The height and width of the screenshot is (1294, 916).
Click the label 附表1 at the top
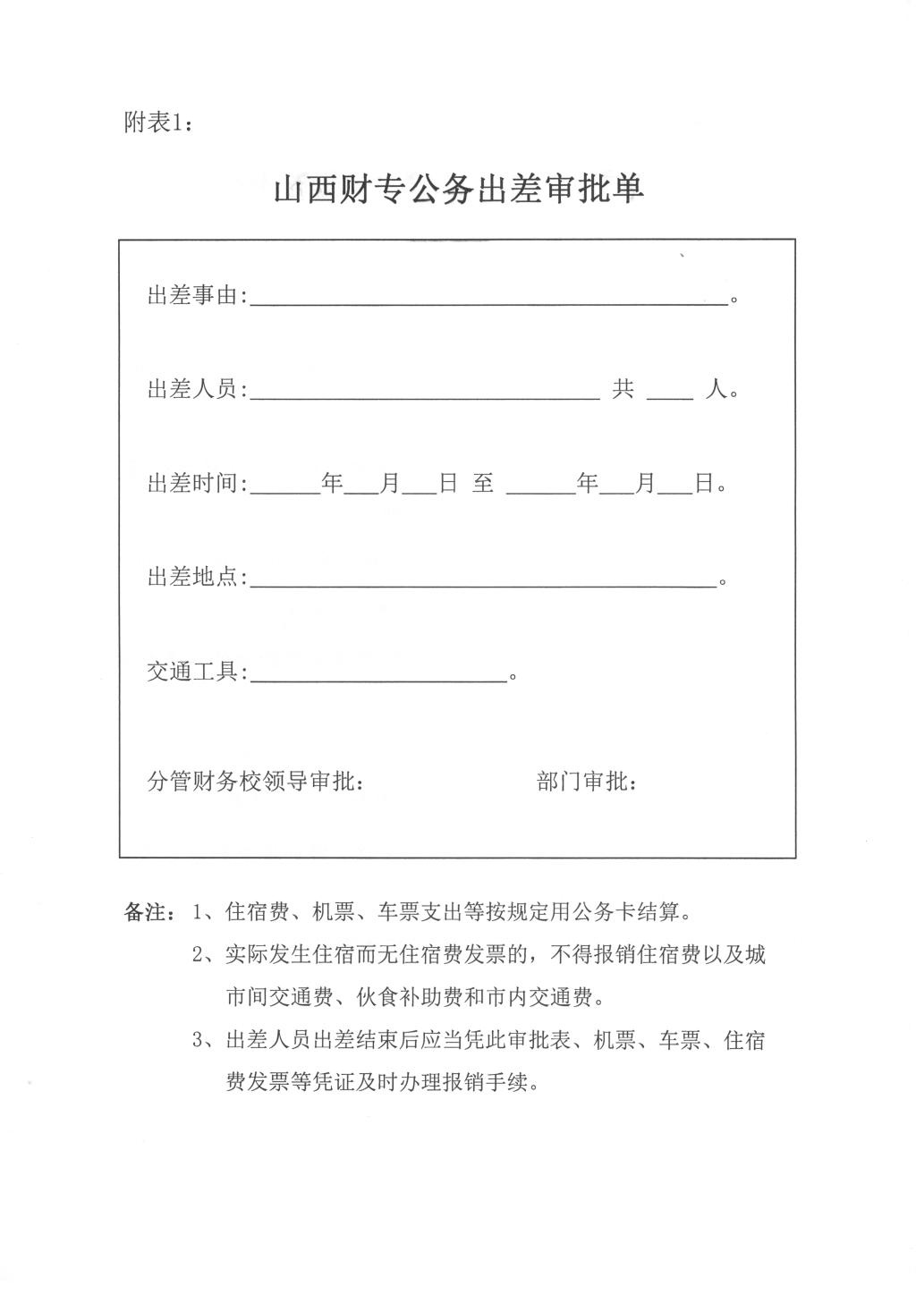pyautogui.click(x=157, y=123)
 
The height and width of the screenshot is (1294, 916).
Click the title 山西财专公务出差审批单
pyautogui.click(x=458, y=190)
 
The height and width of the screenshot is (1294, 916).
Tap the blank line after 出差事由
pyautogui.click(x=488, y=300)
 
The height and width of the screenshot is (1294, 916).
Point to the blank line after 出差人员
pyautogui.click(x=425, y=394)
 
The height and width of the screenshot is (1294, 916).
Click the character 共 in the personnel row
pyautogui.click(x=623, y=390)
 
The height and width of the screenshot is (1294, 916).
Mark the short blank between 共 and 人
pyautogui.click(x=669, y=394)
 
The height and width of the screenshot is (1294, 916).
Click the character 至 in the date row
pyautogui.click(x=483, y=485)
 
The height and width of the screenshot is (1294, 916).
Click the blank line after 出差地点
pyautogui.click(x=483, y=583)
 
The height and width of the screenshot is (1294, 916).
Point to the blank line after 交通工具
pyautogui.click(x=379, y=678)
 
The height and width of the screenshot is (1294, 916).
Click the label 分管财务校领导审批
pyautogui.click(x=255, y=782)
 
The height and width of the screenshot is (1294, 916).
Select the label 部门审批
pyautogui.click(x=587, y=782)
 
